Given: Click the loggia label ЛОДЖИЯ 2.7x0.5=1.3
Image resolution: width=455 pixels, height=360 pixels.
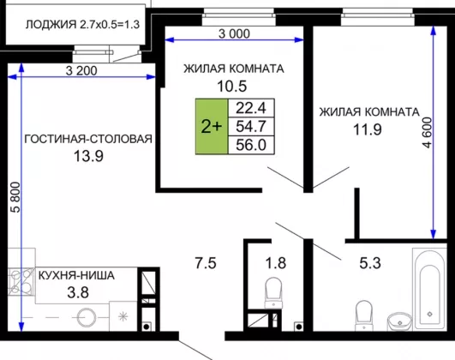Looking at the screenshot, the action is (83, 24).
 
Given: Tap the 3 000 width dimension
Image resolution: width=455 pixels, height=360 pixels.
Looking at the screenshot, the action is (234, 34).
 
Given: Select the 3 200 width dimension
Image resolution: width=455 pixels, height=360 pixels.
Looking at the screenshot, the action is (81, 70).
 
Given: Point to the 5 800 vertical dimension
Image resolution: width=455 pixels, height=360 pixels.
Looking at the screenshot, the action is (16, 197).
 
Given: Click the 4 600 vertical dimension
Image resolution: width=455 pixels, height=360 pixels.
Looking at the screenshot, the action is (427, 133).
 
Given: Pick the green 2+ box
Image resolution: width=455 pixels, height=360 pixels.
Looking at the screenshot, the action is (212, 126).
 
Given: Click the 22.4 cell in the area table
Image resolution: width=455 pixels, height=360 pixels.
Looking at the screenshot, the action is (251, 108).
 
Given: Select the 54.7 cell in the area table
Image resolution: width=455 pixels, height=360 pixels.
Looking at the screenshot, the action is (251, 126).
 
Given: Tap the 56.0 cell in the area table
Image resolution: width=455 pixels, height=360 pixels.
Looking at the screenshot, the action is (251, 145).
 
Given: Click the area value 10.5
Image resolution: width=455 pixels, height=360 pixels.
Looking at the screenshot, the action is (232, 86).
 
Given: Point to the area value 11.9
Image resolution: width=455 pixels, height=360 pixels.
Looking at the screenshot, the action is (367, 129).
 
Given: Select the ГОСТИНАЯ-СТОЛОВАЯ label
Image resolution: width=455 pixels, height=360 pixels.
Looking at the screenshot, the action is (88, 139).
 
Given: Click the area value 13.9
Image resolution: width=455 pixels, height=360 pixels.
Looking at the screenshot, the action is (88, 156).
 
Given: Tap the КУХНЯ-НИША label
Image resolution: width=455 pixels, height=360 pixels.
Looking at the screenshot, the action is (76, 275).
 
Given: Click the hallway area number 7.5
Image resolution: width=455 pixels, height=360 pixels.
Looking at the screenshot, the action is (206, 263).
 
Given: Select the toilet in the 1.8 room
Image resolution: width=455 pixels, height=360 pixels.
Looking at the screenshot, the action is (273, 292).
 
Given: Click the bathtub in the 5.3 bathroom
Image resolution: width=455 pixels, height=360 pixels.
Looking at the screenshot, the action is (430, 289).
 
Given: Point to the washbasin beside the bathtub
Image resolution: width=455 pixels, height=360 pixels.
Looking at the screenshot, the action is (399, 321).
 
